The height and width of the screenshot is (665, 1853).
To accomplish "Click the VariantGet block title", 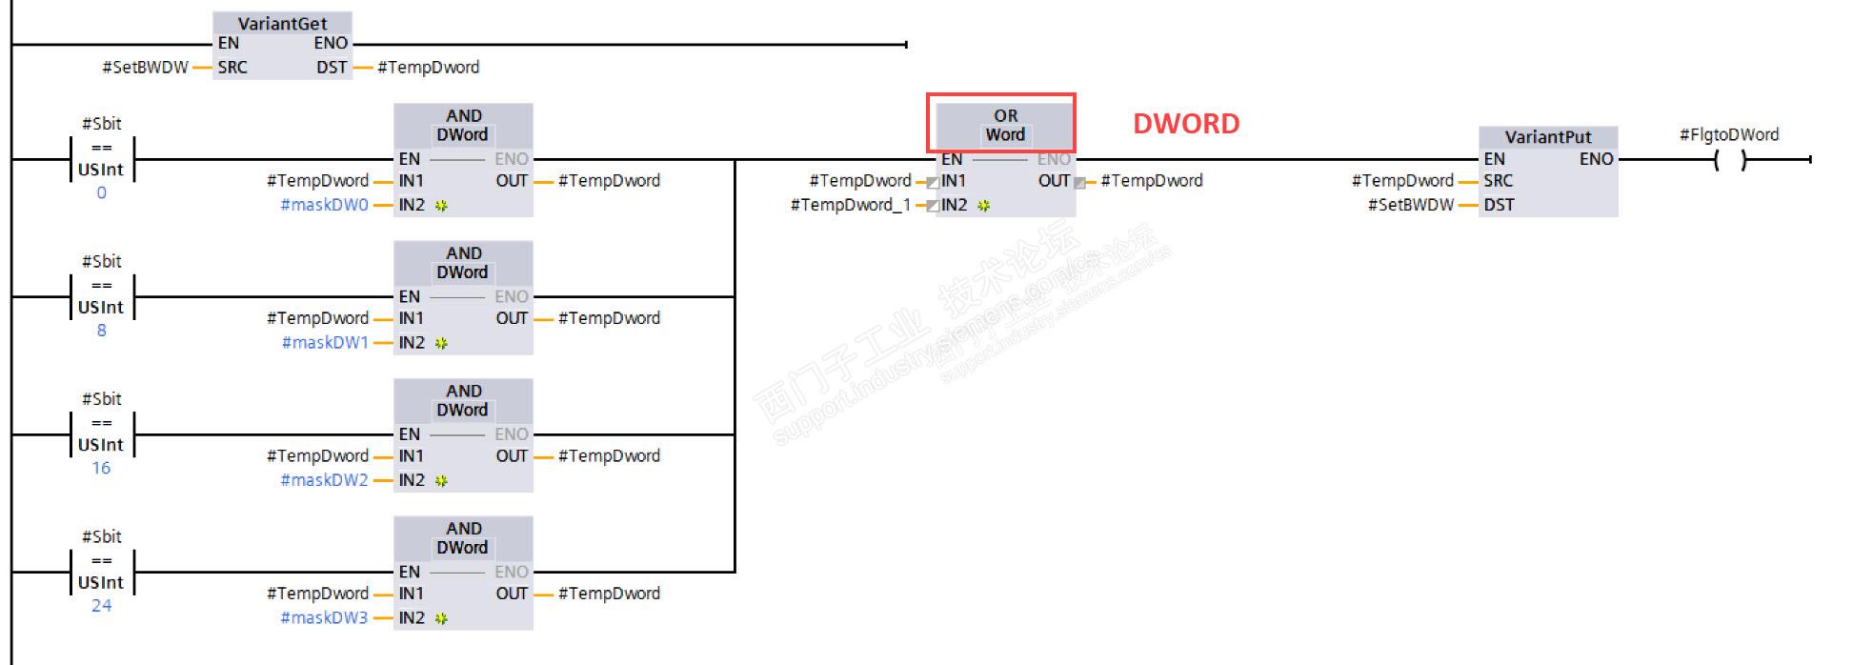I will point(282,23).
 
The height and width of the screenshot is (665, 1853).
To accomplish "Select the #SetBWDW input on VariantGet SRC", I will point(145,68).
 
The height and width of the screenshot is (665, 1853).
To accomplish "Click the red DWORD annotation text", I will point(1185,123).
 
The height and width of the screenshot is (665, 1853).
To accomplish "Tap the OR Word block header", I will point(1005,125).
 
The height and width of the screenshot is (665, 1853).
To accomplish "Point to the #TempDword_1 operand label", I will point(850,205).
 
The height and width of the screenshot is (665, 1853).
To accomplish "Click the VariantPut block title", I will point(1547,136).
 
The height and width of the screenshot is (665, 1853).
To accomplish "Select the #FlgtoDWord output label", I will point(1728,134).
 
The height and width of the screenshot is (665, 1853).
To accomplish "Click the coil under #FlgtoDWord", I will point(1729,160).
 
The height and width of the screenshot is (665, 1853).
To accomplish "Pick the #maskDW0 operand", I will point(324,205).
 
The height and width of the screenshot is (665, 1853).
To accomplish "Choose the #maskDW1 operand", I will point(324,343).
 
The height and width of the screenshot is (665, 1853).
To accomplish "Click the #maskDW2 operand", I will point(324,480).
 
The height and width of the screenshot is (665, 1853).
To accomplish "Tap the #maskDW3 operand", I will point(324,618).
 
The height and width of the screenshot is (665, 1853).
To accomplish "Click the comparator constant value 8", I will point(101,331).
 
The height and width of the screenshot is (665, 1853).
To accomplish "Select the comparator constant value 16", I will point(101,468).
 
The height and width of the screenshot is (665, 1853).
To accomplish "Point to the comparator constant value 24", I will point(101,606).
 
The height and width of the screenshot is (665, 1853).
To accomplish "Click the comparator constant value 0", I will point(101,192).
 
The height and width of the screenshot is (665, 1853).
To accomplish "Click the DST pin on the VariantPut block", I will point(1498,205).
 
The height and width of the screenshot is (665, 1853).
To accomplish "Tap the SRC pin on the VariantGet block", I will point(232,68).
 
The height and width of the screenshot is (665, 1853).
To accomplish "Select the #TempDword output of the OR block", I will point(1151,181).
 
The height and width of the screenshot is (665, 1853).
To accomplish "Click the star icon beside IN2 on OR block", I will point(983,206).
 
